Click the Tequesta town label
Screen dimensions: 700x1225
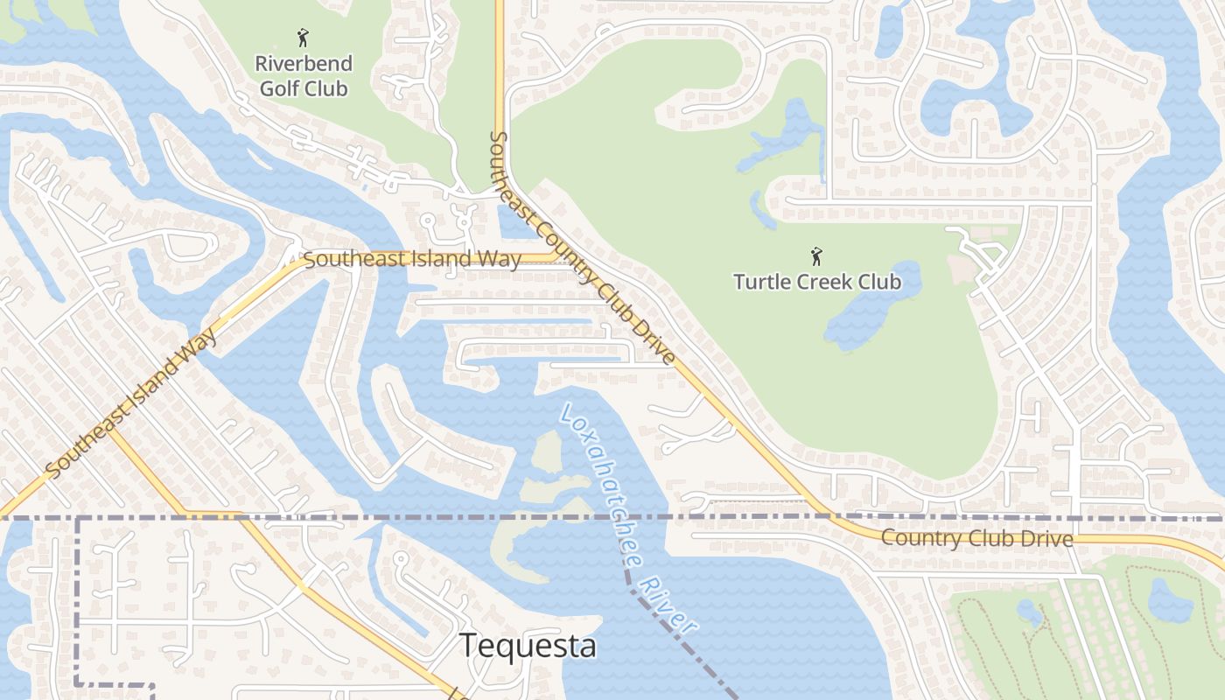[528, 646]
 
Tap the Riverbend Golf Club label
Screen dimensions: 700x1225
[304, 76]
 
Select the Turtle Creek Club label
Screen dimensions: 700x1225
[816, 282]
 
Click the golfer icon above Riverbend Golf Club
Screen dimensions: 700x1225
[304, 38]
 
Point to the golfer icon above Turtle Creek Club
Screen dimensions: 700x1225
[816, 256]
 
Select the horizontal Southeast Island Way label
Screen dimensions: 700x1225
[412, 259]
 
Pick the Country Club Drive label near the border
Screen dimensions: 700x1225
[976, 538]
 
